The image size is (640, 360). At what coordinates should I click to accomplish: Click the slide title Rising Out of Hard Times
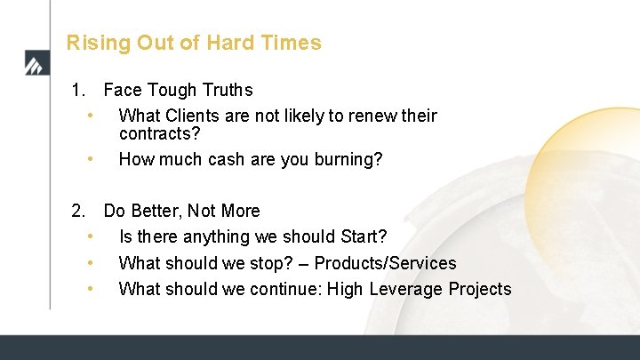(x=194, y=43)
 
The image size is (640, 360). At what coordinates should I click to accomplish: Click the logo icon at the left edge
(x=33, y=63)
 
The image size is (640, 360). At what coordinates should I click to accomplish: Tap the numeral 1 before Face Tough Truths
(x=78, y=90)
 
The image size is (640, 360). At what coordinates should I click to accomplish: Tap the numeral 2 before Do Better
(x=78, y=212)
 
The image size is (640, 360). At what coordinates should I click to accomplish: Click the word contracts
(x=159, y=134)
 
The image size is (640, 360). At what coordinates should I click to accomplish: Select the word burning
(x=348, y=160)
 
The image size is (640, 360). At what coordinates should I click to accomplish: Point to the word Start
(x=358, y=237)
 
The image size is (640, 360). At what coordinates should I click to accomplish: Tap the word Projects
(x=479, y=289)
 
